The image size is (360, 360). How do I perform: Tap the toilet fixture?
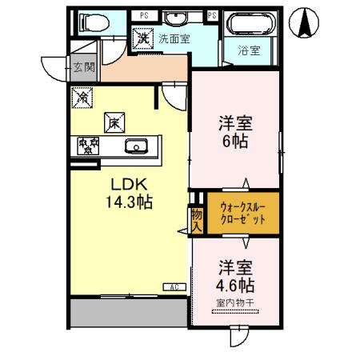coord(90,23)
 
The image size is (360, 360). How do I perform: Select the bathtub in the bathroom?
coord(251,25)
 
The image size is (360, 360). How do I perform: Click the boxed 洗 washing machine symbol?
coord(142,36)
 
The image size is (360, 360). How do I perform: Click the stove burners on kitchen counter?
coord(87,146)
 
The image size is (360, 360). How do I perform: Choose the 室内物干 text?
coord(235,303)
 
